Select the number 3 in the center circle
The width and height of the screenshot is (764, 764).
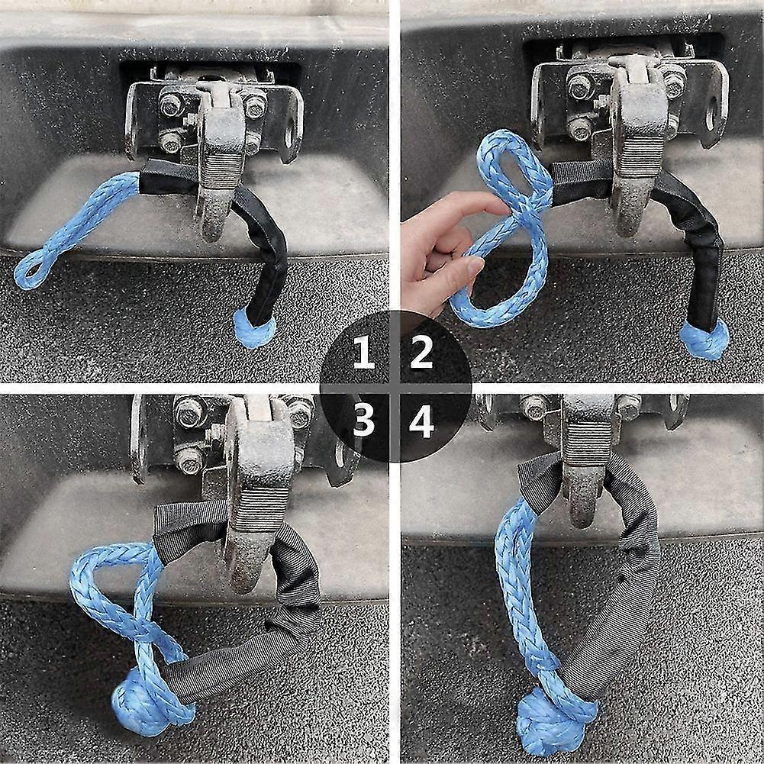coord(364,420)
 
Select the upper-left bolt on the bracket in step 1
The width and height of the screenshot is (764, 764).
coord(170,104)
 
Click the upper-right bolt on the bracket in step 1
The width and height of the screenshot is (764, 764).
coord(255,105)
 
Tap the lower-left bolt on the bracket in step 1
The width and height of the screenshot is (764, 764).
coord(170,141)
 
